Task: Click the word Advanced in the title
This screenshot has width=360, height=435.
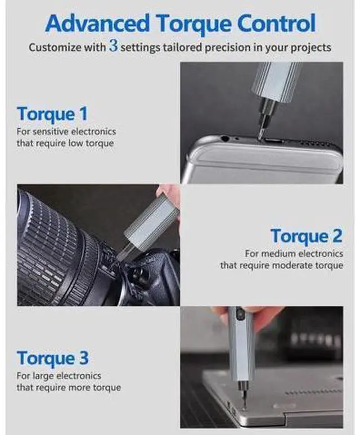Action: [x=97, y=23]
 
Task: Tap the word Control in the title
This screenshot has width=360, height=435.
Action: [x=277, y=23]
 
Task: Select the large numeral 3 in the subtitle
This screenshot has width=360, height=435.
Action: [x=114, y=46]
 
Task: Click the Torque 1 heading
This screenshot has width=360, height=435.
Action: [x=52, y=114]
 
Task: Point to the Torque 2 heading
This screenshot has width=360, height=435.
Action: [x=307, y=236]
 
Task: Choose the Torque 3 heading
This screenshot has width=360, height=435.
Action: [x=52, y=358]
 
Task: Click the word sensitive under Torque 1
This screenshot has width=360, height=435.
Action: [x=51, y=131]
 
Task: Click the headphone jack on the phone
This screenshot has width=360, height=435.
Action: [x=225, y=138]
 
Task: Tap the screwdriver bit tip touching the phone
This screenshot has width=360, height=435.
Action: [x=260, y=138]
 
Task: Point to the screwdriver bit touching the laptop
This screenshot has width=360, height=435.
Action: [x=244, y=400]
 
